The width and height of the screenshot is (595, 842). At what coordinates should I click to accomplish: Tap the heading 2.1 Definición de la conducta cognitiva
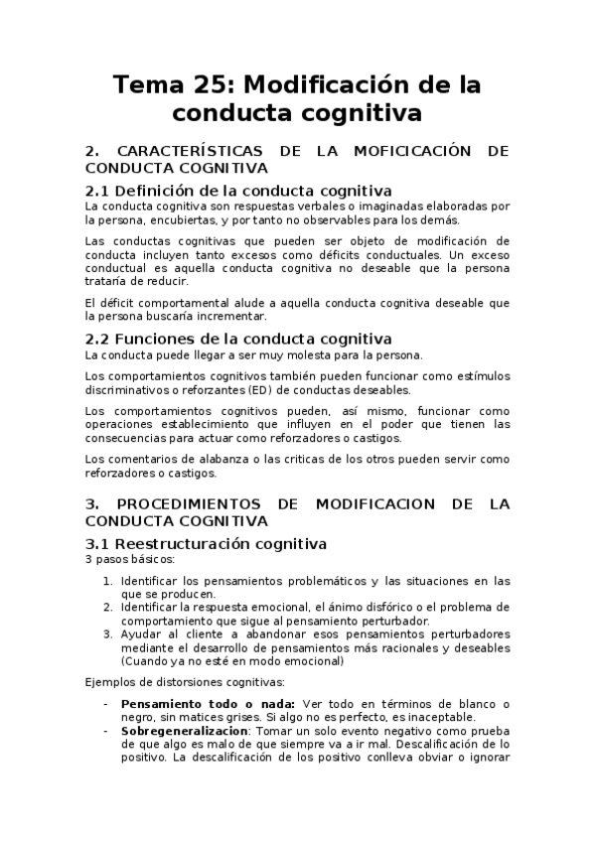click(x=238, y=190)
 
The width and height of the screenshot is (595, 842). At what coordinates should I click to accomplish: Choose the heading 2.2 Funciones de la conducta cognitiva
click(x=238, y=339)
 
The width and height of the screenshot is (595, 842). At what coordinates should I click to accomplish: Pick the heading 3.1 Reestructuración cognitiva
click(x=206, y=543)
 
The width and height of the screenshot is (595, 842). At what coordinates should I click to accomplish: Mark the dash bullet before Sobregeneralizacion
click(x=106, y=730)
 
